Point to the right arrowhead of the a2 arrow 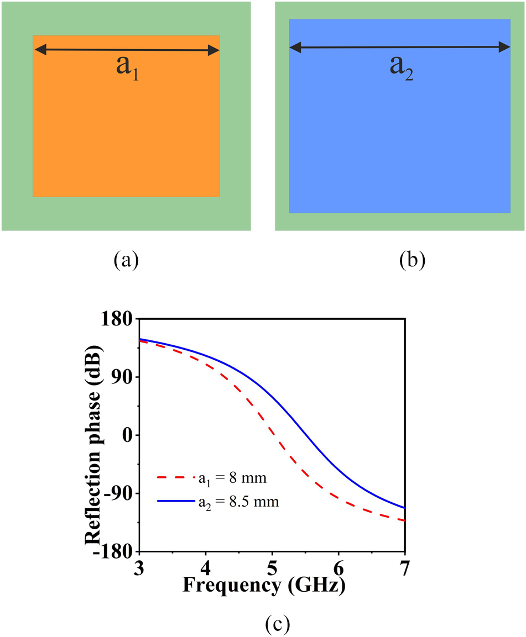click(504, 48)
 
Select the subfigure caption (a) click(126, 259)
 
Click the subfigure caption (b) click(412, 259)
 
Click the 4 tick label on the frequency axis click(206, 567)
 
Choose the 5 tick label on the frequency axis click(272, 567)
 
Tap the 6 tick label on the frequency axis click(338, 567)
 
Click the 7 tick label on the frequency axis click(405, 567)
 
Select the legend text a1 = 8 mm click(233, 478)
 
